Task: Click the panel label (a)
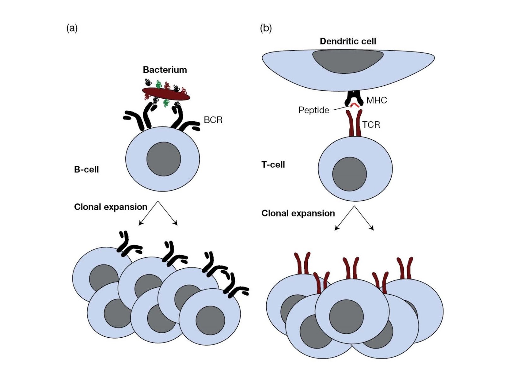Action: coord(72,28)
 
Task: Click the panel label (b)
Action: coord(265,28)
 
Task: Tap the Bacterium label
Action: coord(165,70)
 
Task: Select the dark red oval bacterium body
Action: coord(166,94)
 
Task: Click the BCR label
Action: coord(213,120)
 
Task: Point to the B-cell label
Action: coord(86,169)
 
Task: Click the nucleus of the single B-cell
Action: coord(163,159)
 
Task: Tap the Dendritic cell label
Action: coord(348,41)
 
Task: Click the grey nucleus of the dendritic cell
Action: coord(348,61)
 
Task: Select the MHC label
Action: coord(377,101)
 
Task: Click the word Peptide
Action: coord(314,110)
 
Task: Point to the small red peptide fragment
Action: coord(355,105)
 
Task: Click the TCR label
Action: coord(371,125)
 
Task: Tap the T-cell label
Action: coord(273,165)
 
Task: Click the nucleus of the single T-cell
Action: coord(349,174)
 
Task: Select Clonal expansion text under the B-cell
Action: coord(110,207)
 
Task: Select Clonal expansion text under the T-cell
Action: coord(298,213)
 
